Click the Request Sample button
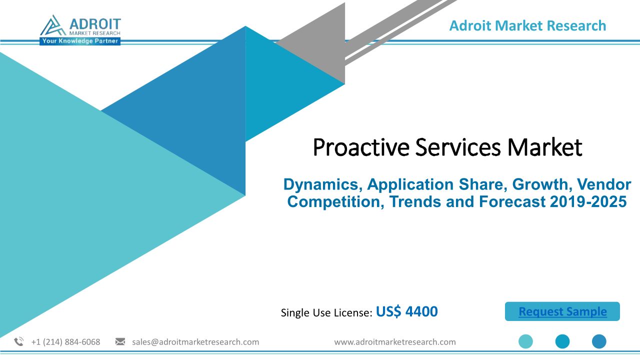(562, 311)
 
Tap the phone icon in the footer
(19, 341)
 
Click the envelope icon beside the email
(120, 341)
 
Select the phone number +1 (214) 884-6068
(65, 341)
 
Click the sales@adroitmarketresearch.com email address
(195, 341)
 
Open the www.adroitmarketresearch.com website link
(395, 341)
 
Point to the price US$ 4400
(406, 311)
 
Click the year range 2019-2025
(588, 201)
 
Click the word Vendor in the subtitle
(604, 184)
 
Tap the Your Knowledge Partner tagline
(80, 41)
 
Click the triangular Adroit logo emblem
(53, 25)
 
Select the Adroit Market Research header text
(527, 25)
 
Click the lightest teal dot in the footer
(525, 341)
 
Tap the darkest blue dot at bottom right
(599, 341)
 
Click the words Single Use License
(326, 312)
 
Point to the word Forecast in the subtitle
(512, 201)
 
